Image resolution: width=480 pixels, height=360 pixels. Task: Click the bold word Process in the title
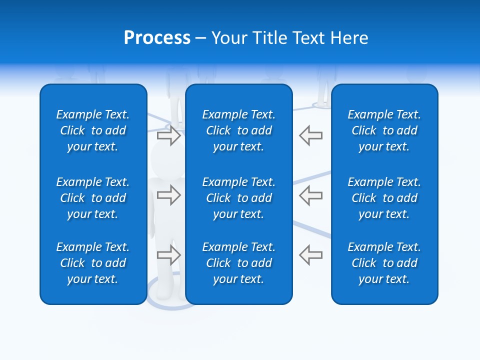(x=157, y=38)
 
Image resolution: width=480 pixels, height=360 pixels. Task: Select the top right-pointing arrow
(x=168, y=135)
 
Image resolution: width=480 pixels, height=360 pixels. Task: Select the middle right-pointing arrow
(x=168, y=195)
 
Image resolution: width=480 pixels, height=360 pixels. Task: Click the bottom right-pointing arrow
(x=168, y=255)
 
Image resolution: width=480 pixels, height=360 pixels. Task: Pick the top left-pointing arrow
(x=310, y=135)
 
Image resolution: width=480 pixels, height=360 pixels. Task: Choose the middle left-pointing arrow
(x=310, y=195)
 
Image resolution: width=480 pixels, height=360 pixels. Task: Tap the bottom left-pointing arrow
(x=310, y=255)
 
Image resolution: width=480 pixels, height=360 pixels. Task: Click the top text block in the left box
(x=93, y=130)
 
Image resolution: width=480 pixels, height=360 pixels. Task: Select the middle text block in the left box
(x=93, y=198)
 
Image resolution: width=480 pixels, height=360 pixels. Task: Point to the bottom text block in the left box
(x=93, y=263)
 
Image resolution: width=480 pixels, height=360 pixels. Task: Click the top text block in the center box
(x=239, y=130)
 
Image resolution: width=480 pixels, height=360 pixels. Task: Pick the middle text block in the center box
(x=239, y=198)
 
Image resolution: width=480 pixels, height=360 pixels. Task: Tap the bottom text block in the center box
(x=239, y=263)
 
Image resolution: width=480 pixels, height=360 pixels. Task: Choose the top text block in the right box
(x=384, y=130)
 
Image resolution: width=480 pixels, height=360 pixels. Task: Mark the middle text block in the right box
(x=384, y=198)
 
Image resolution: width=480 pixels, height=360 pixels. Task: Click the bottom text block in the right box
(x=384, y=263)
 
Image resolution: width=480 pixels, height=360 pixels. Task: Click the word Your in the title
(x=229, y=38)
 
